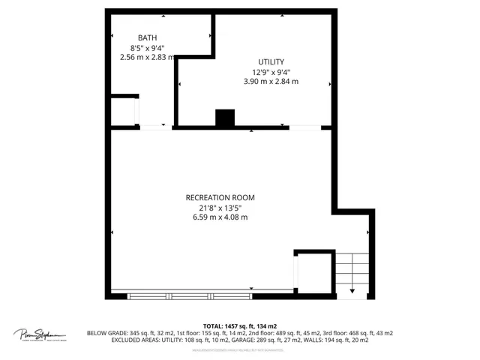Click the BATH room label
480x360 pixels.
(147, 37)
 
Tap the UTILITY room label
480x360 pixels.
(271, 62)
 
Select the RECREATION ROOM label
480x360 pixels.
(219, 198)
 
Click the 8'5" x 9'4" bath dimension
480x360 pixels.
(147, 47)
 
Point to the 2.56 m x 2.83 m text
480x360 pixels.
(147, 57)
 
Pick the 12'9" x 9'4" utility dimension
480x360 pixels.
(271, 72)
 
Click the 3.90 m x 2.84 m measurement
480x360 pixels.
(271, 82)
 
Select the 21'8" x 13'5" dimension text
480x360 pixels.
(219, 208)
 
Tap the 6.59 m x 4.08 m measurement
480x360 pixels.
(219, 217)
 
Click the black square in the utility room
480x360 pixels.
(225, 118)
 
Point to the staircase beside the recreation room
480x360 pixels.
(352, 274)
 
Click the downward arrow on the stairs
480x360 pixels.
(352, 289)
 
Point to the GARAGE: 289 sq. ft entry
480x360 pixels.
(256, 340)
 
